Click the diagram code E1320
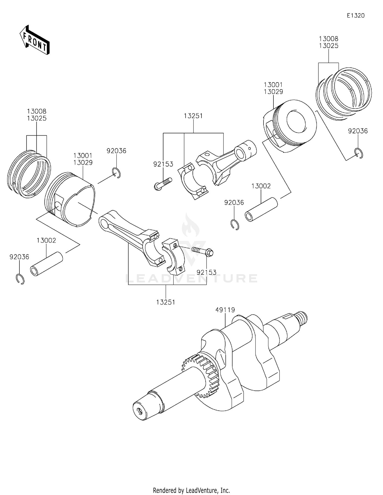[x=355, y=16]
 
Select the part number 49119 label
[x=225, y=310]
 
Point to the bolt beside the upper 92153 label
[x=163, y=184]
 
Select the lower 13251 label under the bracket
[x=166, y=302]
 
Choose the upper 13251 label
[x=193, y=116]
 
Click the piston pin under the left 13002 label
[x=46, y=264]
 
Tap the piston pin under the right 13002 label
[x=261, y=209]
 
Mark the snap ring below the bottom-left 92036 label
[x=20, y=279]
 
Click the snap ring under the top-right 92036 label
[x=359, y=153]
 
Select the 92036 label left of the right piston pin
[x=234, y=203]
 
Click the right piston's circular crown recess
[x=296, y=121]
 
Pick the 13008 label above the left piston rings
[x=37, y=111]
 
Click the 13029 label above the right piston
[x=273, y=92]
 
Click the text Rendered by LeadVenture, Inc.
[x=191, y=490]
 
